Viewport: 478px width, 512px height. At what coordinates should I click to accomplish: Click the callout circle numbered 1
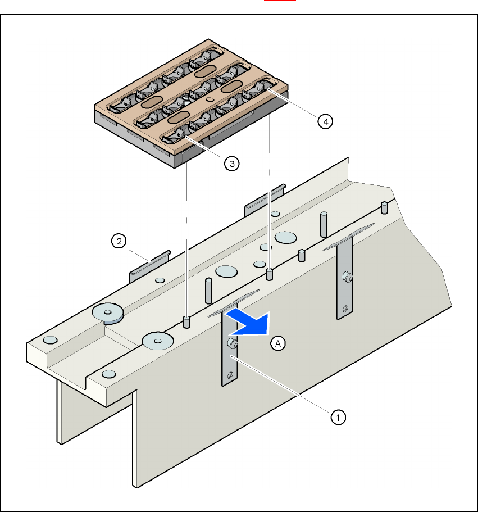tap(337, 416)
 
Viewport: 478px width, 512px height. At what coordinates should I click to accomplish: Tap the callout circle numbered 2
tap(118, 242)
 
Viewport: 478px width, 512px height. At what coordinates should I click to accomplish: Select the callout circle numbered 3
tap(231, 163)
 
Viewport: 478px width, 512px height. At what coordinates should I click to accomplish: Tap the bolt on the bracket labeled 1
tap(230, 342)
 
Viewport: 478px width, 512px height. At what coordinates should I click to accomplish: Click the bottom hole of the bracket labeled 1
tap(229, 375)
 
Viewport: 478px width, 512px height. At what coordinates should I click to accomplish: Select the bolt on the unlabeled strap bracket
tap(347, 277)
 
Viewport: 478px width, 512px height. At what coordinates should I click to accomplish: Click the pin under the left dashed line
tap(186, 321)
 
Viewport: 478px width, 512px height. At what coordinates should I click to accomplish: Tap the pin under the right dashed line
tap(270, 274)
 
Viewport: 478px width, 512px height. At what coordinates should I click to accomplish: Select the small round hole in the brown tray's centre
tap(210, 99)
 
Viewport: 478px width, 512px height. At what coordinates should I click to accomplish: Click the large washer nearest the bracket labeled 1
tap(157, 340)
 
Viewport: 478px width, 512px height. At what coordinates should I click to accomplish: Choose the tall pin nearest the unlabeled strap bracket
tap(324, 224)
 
